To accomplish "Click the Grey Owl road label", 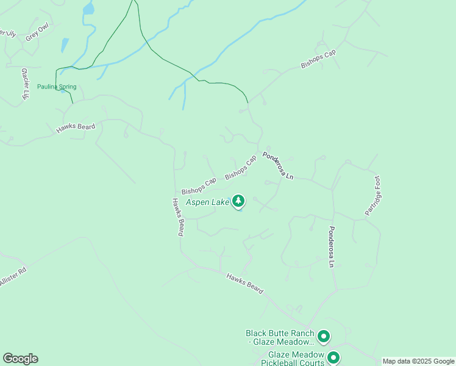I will (x=37, y=33).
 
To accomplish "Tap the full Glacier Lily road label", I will (x=26, y=84).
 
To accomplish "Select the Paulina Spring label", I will (x=57, y=87).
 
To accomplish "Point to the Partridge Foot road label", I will (x=372, y=195).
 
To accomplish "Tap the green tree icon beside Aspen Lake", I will (x=238, y=201).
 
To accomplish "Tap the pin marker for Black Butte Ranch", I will (x=324, y=336).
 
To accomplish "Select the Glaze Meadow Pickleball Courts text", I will (x=295, y=358).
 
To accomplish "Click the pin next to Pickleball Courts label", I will (x=333, y=357).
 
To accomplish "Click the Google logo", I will (x=20, y=359).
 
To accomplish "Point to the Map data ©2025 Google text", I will (x=418, y=361).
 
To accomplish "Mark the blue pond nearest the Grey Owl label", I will (x=64, y=46).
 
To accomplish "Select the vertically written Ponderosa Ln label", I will (x=332, y=247).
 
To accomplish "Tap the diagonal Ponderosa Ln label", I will (x=278, y=165).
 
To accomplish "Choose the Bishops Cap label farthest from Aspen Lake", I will (x=318, y=60).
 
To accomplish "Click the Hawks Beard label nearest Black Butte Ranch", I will (x=244, y=284).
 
